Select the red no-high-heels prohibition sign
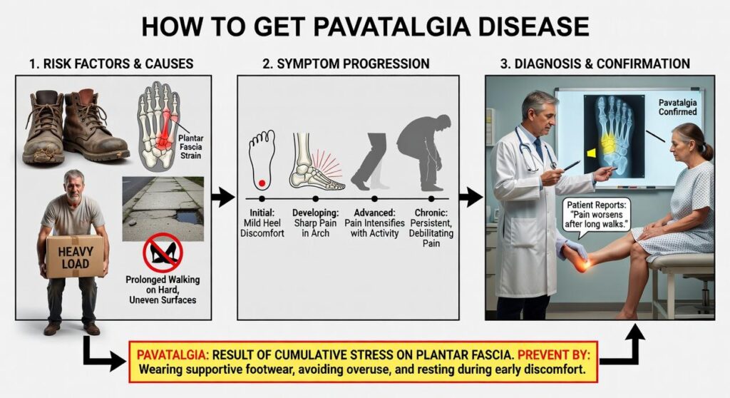[163, 252]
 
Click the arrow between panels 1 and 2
[222, 197]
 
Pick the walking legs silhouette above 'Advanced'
[372, 158]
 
